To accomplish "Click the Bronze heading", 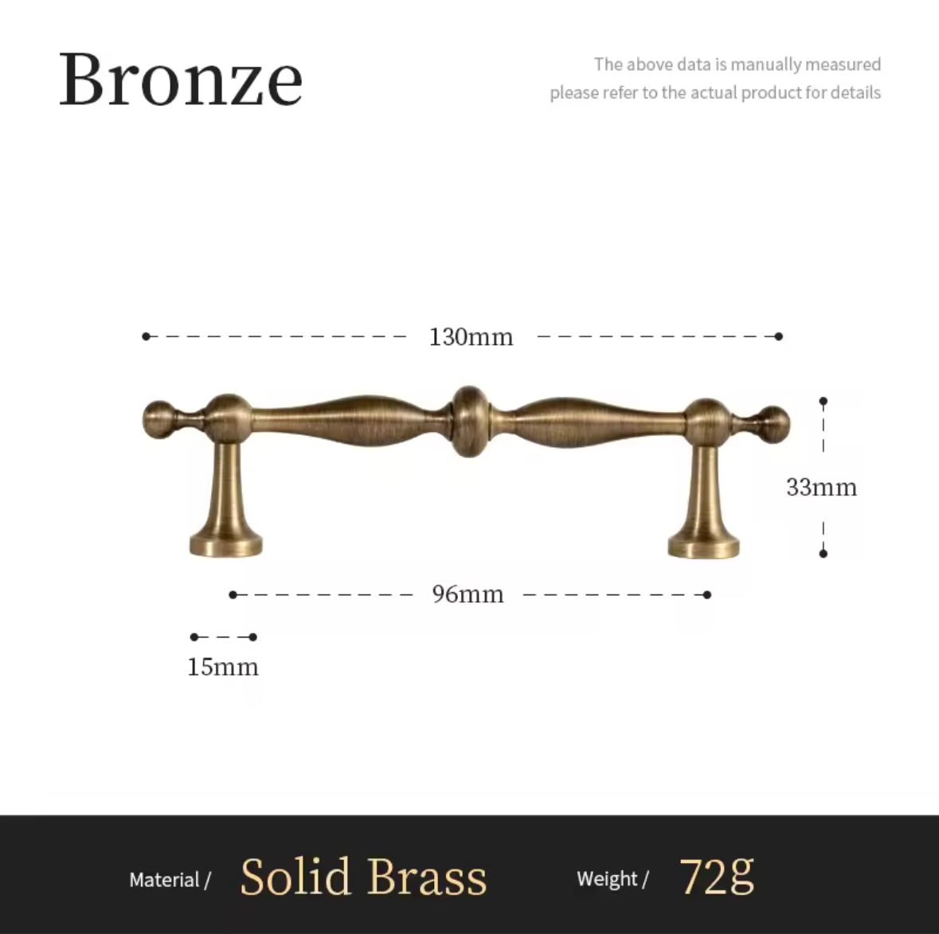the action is pos(180,80).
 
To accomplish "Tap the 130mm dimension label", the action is pos(471,336).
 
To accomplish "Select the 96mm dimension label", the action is pos(468,595).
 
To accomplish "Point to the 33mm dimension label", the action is pos(822,487).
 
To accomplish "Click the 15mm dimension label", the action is pos(223,667).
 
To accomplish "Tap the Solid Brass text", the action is pos(363,877).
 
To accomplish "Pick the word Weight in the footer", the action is pos(607,879).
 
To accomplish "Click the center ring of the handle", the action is pos(469,421).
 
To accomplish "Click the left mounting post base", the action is pos(225,544).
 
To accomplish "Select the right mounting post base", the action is pos(703,547).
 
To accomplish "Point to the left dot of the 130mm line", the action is pos(146,336).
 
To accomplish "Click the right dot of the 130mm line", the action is pos(778,336).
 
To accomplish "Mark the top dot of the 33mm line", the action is pos(824,401).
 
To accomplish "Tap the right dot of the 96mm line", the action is pos(707,595).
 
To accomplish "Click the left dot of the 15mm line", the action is pos(194,637).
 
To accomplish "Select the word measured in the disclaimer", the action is pos(843,64).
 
